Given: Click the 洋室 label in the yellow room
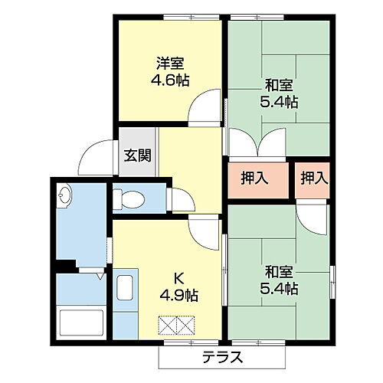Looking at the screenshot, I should pos(169,64).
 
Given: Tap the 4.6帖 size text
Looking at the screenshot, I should pos(169,80).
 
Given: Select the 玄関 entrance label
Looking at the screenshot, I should pos(138,155).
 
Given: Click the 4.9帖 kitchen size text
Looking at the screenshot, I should pos(178,294).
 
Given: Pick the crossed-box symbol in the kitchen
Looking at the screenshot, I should pos(178,326).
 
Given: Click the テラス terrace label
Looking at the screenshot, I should pos(224,356).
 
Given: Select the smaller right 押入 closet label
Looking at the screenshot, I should pos(313,178).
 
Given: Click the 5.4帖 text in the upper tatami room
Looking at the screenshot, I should pos(282,102).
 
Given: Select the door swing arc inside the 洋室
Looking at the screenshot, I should pos(205,107).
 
